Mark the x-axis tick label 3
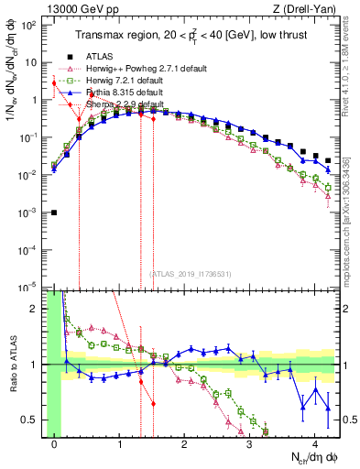pyautogui.click(x=249, y=446)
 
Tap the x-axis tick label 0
pyautogui.click(x=55, y=446)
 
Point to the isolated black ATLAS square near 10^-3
pyautogui.click(x=55, y=213)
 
